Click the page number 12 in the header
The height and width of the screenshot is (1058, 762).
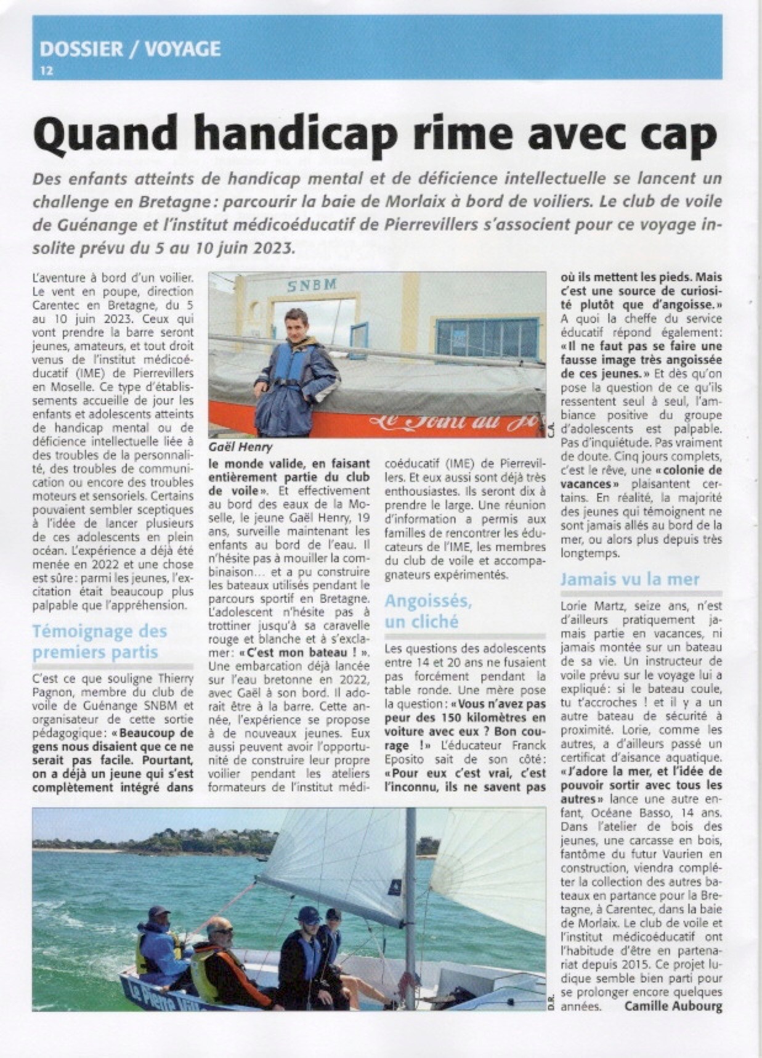pyautogui.click(x=46, y=71)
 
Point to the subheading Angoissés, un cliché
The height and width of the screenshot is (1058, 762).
pyautogui.click(x=428, y=611)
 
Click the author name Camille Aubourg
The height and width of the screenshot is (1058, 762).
pyautogui.click(x=672, y=1006)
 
